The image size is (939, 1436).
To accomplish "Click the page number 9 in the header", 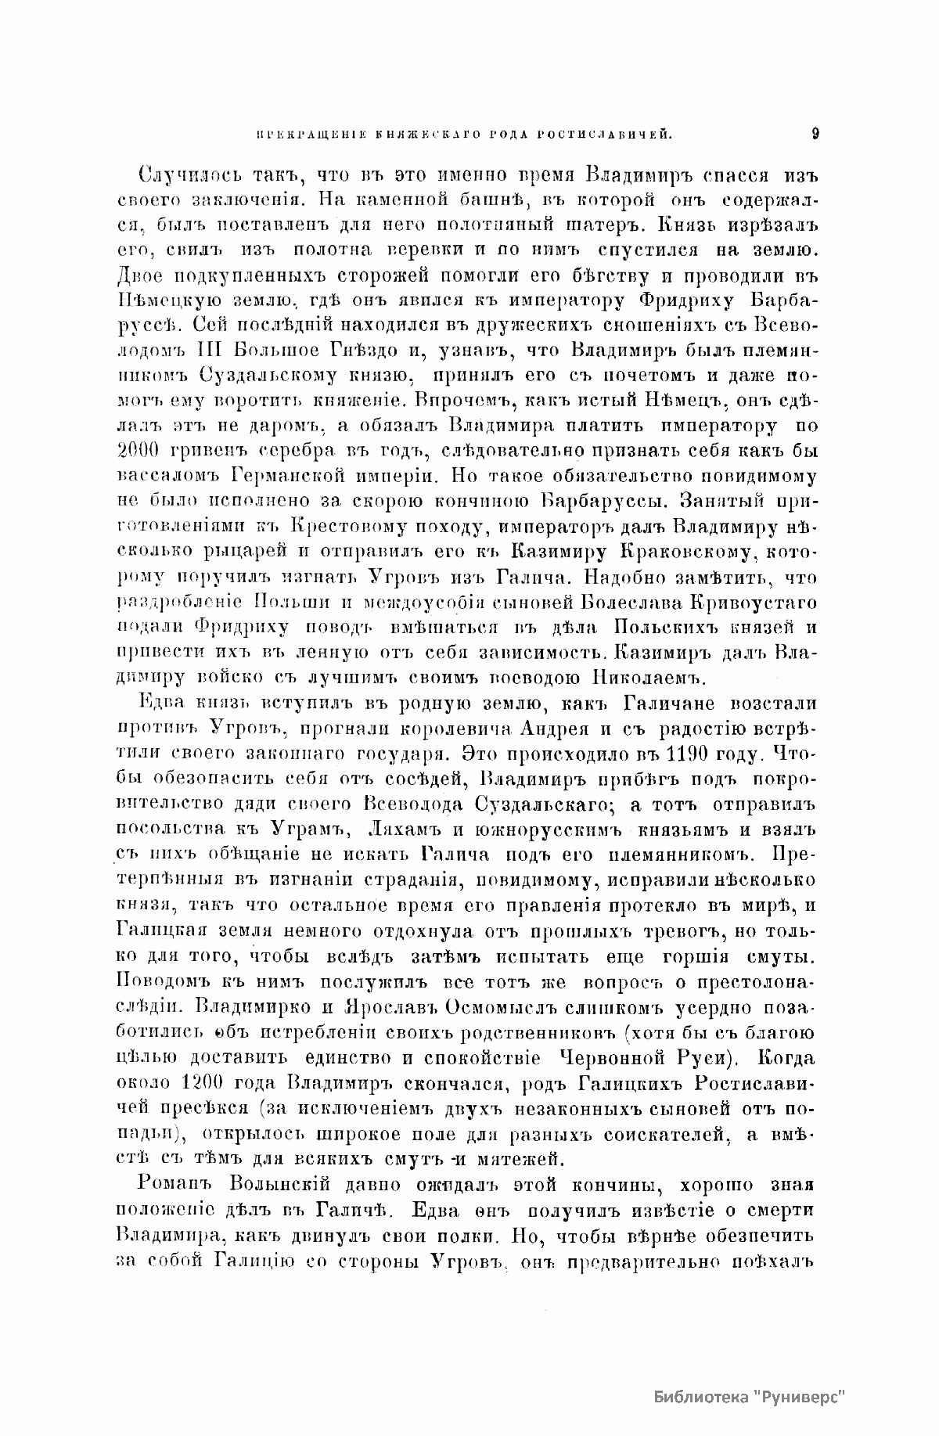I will tap(815, 134).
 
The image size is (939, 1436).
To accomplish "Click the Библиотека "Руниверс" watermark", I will tap(750, 1397).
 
